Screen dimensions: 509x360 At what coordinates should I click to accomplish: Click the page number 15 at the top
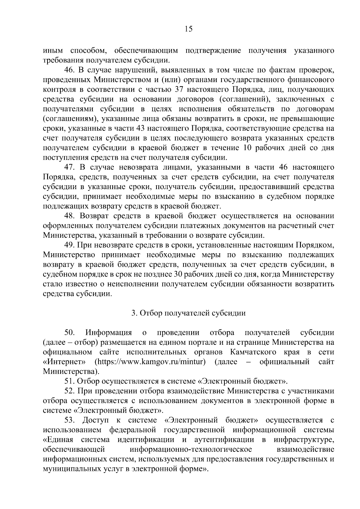coord(188,29)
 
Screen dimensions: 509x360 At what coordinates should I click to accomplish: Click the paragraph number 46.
coord(69,70)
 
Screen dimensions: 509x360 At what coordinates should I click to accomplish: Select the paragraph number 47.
coord(69,167)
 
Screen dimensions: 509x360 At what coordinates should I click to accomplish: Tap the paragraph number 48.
coord(69,216)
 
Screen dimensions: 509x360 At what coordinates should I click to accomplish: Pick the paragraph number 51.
coord(69,381)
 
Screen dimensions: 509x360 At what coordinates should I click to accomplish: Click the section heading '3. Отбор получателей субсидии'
coord(188,313)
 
